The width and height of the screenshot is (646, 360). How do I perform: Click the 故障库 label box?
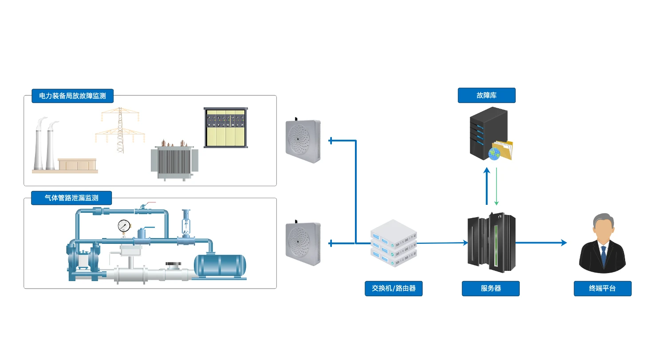click(486, 95)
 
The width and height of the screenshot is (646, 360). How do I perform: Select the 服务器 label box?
click(490, 288)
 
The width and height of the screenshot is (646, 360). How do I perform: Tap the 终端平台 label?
click(602, 288)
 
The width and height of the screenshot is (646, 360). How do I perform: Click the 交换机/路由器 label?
click(394, 288)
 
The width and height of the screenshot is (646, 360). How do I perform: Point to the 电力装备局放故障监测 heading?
click(72, 96)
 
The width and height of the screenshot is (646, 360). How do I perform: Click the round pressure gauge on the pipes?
click(124, 226)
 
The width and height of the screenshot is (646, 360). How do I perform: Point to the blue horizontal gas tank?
click(220, 265)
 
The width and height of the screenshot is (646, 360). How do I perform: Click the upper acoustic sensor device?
click(303, 141)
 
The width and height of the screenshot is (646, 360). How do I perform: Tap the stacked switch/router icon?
click(394, 244)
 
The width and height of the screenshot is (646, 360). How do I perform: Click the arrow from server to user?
click(541, 243)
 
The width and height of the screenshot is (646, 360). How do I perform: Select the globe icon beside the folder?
click(494, 154)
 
